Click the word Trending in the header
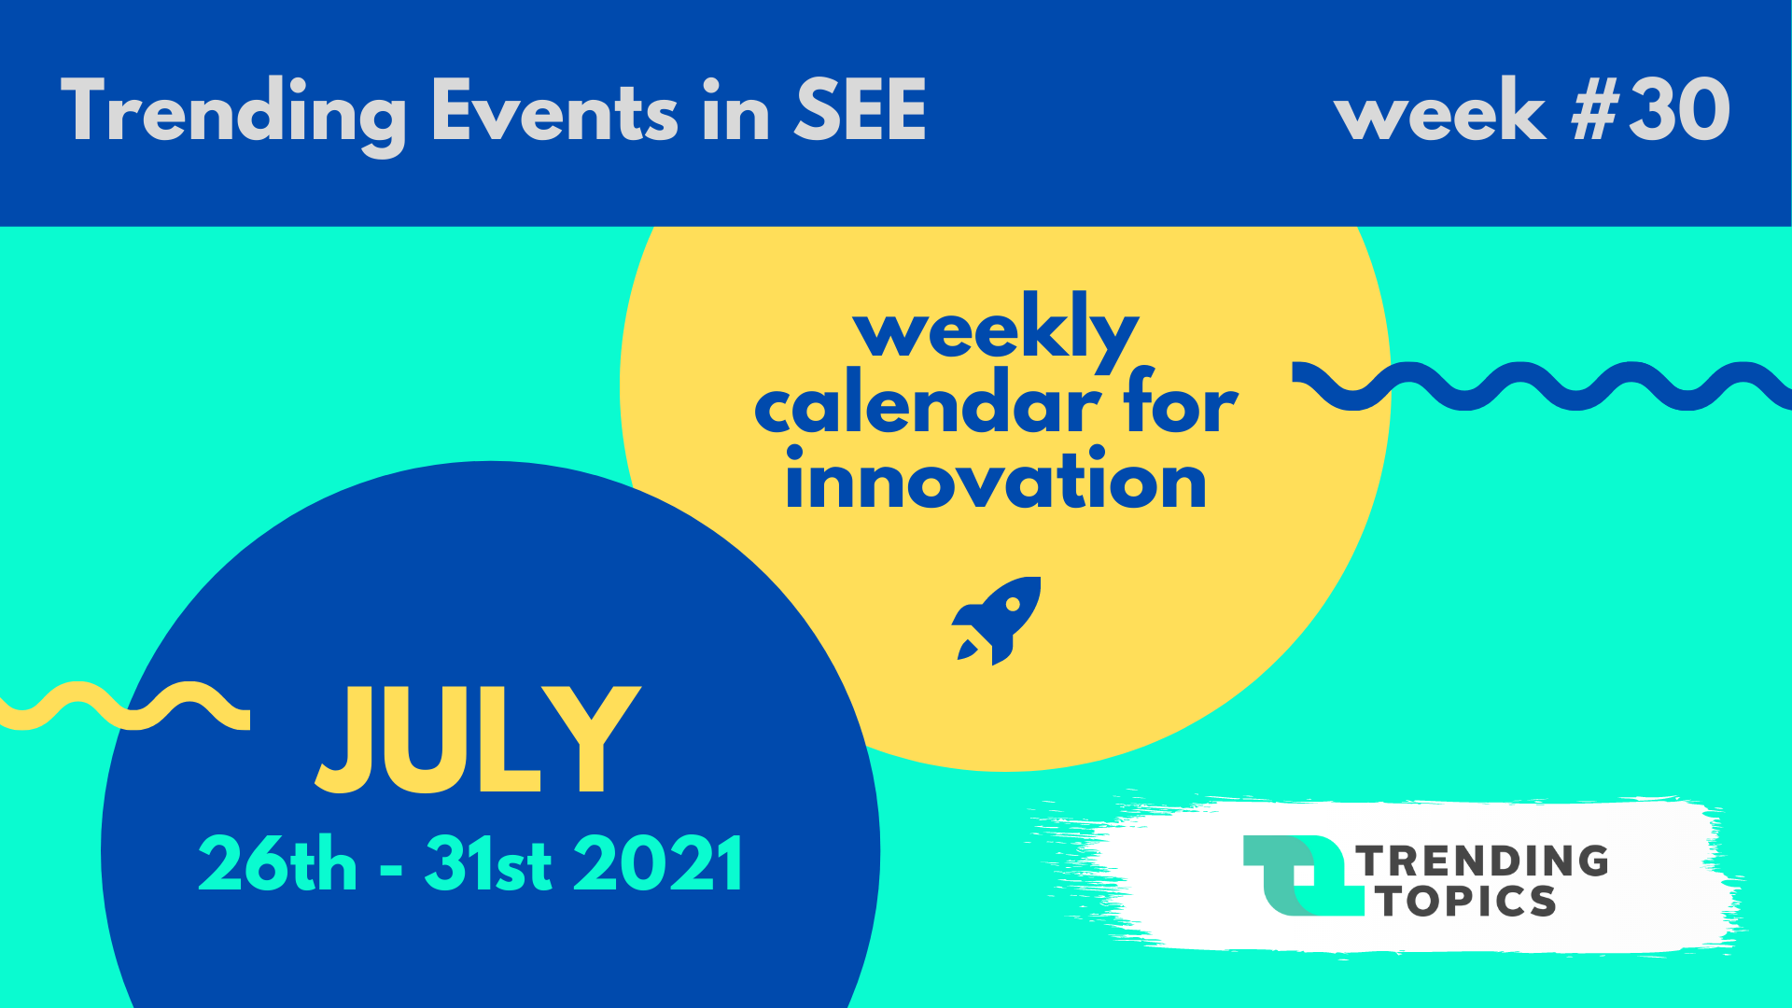(x=233, y=112)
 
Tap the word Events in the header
(x=554, y=110)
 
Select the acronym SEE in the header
(x=860, y=110)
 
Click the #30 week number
(x=1651, y=109)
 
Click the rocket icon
(x=996, y=620)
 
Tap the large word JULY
(x=478, y=740)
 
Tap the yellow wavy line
(x=125, y=706)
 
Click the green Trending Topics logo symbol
(x=1302, y=875)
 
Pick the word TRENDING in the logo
(x=1482, y=861)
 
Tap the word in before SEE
(x=735, y=110)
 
